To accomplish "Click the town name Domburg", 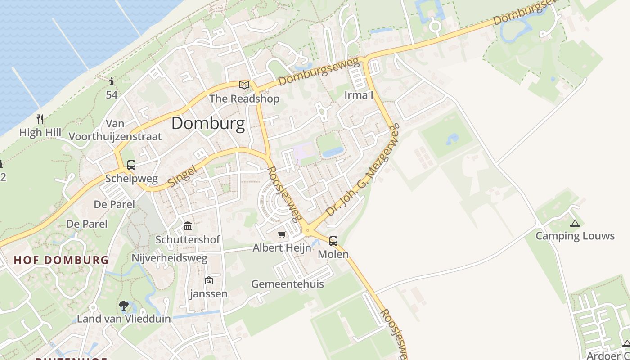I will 208,123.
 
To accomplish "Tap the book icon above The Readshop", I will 244,85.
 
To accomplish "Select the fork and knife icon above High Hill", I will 40,119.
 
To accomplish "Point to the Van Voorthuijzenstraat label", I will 115,130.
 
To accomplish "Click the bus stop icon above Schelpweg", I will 131,165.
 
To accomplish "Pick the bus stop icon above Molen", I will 333,241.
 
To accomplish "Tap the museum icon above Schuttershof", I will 188,226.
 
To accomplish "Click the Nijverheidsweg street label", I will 169,258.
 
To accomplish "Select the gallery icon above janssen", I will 209,280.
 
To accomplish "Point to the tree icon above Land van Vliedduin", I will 124,306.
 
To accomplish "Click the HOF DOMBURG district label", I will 61,260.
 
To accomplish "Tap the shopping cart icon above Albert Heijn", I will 282,234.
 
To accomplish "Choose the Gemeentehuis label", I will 288,284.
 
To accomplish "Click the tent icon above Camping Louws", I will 575,223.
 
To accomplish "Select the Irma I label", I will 359,95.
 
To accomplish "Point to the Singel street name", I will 182,176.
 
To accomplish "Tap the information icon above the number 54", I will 112,81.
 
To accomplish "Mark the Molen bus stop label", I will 333,254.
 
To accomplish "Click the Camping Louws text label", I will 575,236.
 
